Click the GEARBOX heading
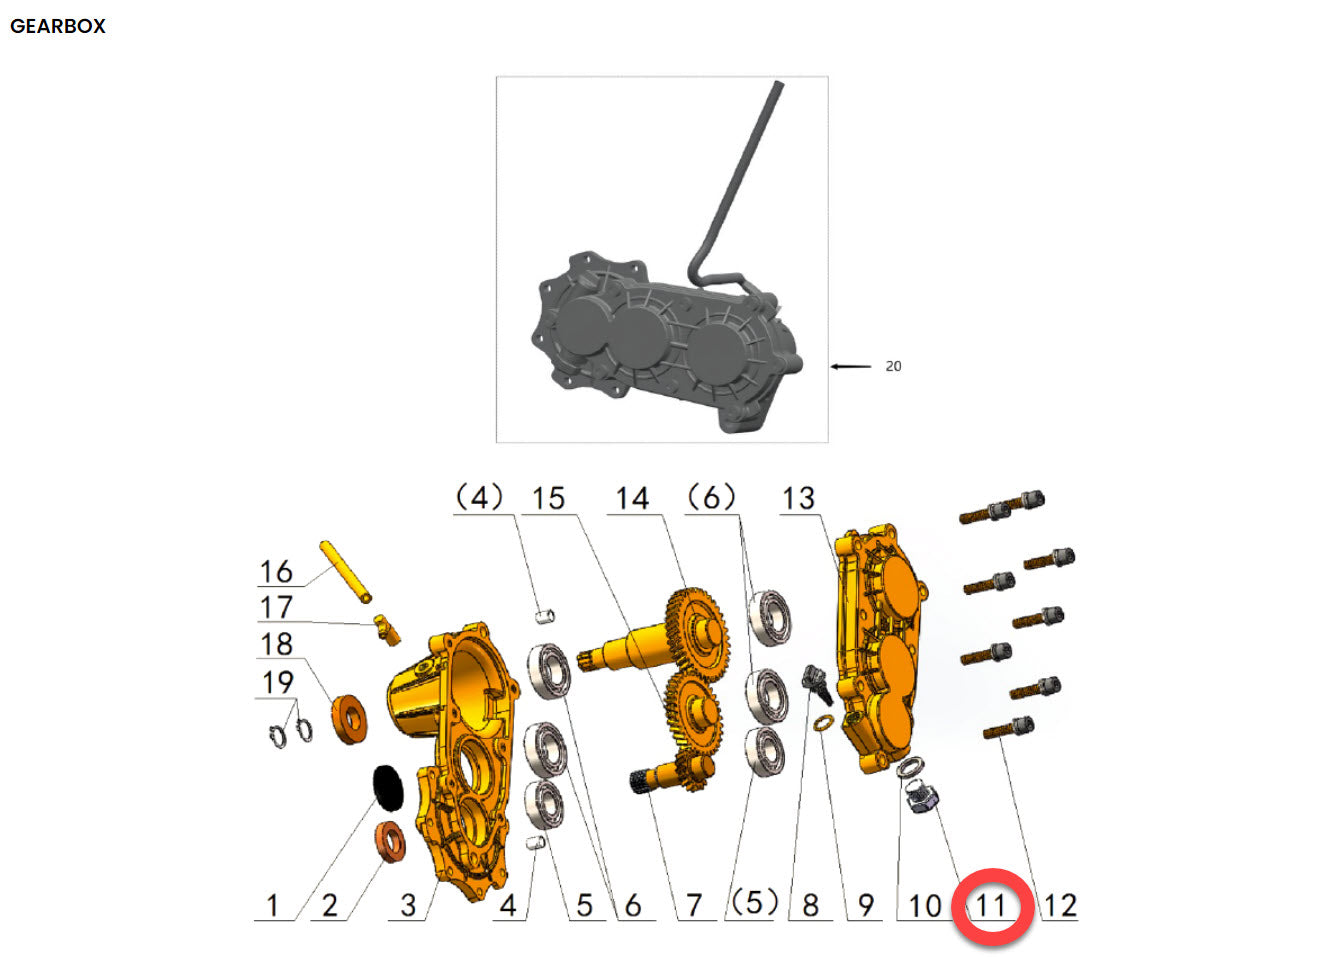click(x=58, y=26)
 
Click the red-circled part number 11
click(x=990, y=906)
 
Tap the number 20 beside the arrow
click(x=893, y=366)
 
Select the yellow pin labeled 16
click(x=346, y=572)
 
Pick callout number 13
click(x=798, y=498)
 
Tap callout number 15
click(x=548, y=498)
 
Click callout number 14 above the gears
click(x=632, y=498)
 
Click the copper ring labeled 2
click(x=390, y=842)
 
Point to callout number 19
click(x=277, y=683)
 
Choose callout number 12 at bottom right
click(x=1060, y=906)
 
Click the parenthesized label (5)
click(x=753, y=903)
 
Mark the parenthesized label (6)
click(x=711, y=497)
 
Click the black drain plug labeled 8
click(x=817, y=685)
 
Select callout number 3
click(x=408, y=906)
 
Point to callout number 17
click(x=276, y=607)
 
